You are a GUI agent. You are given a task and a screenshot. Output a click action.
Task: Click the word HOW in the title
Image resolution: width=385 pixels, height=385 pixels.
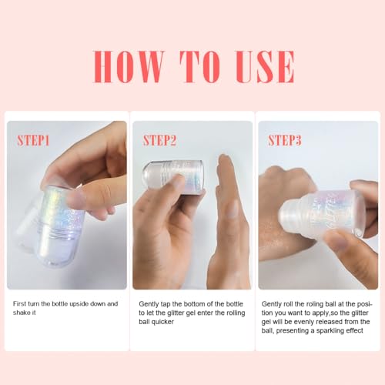[x=129, y=66]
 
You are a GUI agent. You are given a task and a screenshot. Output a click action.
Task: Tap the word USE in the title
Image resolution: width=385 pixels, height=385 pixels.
[x=265, y=66]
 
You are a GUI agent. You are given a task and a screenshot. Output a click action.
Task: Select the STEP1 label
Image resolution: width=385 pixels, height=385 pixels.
[x=33, y=140]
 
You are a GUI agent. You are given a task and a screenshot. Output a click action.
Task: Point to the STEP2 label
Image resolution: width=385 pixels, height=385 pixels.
[x=159, y=140]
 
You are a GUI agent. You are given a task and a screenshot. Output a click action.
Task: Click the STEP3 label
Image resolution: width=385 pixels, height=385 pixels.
[x=285, y=140]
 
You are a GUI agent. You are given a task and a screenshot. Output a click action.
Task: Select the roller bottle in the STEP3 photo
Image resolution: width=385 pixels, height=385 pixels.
[x=322, y=214]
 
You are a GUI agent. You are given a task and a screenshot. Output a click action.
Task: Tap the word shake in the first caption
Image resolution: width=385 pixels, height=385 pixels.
[x=22, y=313]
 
